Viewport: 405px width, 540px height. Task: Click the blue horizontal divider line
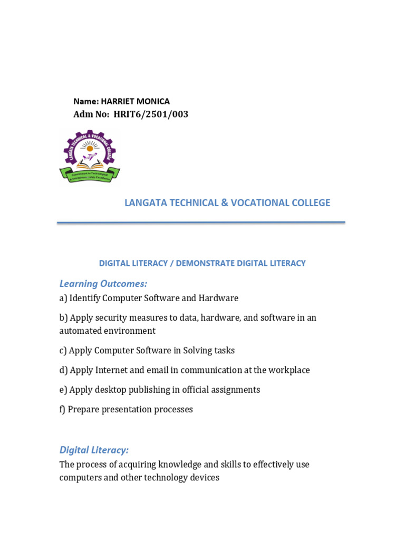[x=201, y=223]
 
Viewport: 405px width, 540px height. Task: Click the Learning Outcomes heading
[x=103, y=284]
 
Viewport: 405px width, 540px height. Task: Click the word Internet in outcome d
[x=111, y=370]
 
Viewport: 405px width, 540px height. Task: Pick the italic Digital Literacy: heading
[x=94, y=450]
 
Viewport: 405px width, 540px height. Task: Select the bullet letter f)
[x=62, y=409]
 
